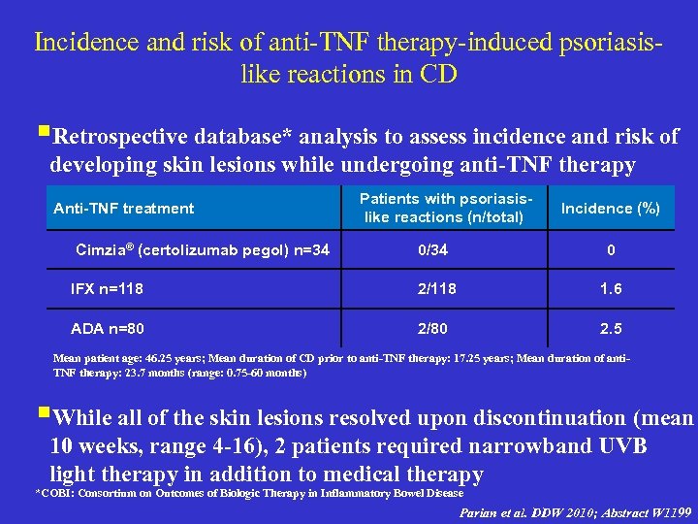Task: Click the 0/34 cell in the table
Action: (x=432, y=250)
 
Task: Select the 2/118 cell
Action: (x=436, y=288)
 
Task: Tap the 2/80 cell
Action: (x=432, y=327)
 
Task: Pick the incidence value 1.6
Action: (x=611, y=289)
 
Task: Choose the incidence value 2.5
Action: (x=611, y=327)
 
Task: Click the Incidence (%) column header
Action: (x=611, y=209)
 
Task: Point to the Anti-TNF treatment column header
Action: (x=123, y=208)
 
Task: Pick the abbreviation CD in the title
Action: (x=435, y=74)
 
